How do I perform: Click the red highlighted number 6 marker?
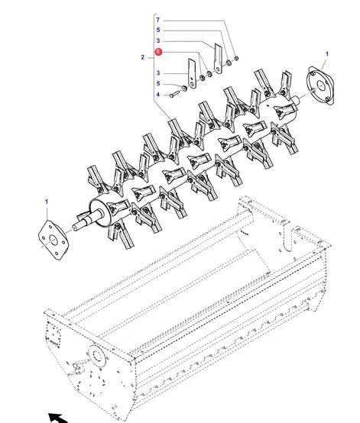(158, 51)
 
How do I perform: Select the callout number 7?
(157, 20)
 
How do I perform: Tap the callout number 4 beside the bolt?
(158, 95)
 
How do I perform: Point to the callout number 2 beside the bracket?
(143, 57)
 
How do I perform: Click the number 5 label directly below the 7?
(158, 30)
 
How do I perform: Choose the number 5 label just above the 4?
(158, 84)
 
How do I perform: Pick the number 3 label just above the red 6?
(158, 40)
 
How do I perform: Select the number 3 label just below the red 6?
(158, 73)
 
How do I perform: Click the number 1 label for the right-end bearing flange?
(327, 54)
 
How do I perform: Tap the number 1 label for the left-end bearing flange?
(47, 202)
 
